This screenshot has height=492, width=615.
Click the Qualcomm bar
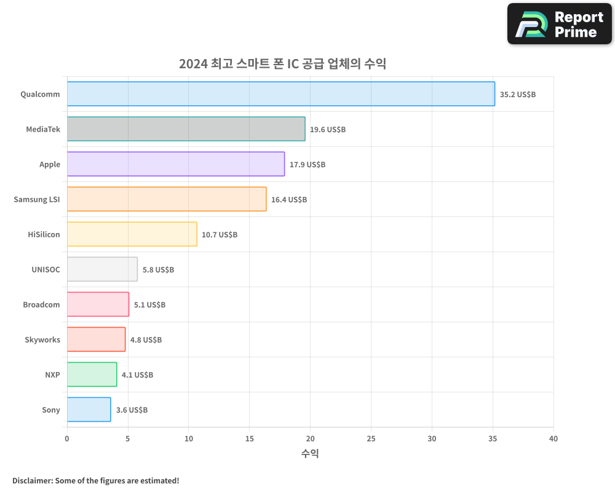280,94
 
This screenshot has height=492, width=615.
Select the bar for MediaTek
186,129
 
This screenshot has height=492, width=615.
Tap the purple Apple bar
175,164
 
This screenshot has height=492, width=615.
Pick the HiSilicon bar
132,234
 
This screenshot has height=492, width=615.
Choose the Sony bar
89,410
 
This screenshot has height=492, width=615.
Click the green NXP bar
92,375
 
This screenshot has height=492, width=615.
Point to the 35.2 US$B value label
518,95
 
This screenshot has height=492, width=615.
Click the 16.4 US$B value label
289,200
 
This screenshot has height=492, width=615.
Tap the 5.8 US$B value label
158,270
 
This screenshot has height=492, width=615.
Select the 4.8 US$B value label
146,340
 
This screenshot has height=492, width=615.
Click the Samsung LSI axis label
37,199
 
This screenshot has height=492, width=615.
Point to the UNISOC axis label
46,269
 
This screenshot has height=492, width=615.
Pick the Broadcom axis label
42,304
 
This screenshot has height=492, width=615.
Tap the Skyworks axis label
42,339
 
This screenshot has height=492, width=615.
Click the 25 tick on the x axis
371,438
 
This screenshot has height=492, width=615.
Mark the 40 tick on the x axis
553,438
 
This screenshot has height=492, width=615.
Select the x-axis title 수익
310,454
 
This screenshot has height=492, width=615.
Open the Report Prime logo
560,24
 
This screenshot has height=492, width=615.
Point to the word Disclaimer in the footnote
31,480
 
